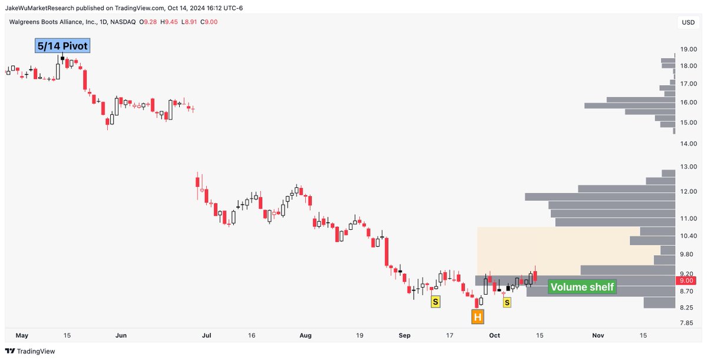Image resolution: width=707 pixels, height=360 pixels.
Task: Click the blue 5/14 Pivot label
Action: (62, 46)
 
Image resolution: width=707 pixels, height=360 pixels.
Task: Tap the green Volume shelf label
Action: (582, 287)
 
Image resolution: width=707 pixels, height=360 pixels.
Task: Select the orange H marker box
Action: (478, 318)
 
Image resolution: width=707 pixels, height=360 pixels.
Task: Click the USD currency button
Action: (688, 22)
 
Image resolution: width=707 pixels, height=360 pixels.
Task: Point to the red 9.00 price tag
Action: (686, 281)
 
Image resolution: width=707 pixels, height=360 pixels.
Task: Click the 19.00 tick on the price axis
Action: (689, 49)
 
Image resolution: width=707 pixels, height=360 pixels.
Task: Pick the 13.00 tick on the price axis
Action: (689, 167)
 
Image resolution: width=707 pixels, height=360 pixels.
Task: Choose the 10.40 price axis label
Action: (688, 236)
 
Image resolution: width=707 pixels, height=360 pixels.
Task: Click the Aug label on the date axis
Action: (305, 335)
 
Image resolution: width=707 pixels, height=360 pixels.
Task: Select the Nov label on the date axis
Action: (598, 335)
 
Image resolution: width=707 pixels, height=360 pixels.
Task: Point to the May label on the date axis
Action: (22, 335)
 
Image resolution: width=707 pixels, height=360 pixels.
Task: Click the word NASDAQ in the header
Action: (122, 22)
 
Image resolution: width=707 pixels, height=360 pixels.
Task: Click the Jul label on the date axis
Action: (206, 335)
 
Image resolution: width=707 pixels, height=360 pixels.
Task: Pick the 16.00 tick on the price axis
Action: (689, 103)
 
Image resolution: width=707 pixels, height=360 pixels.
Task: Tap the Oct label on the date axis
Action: (494, 335)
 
